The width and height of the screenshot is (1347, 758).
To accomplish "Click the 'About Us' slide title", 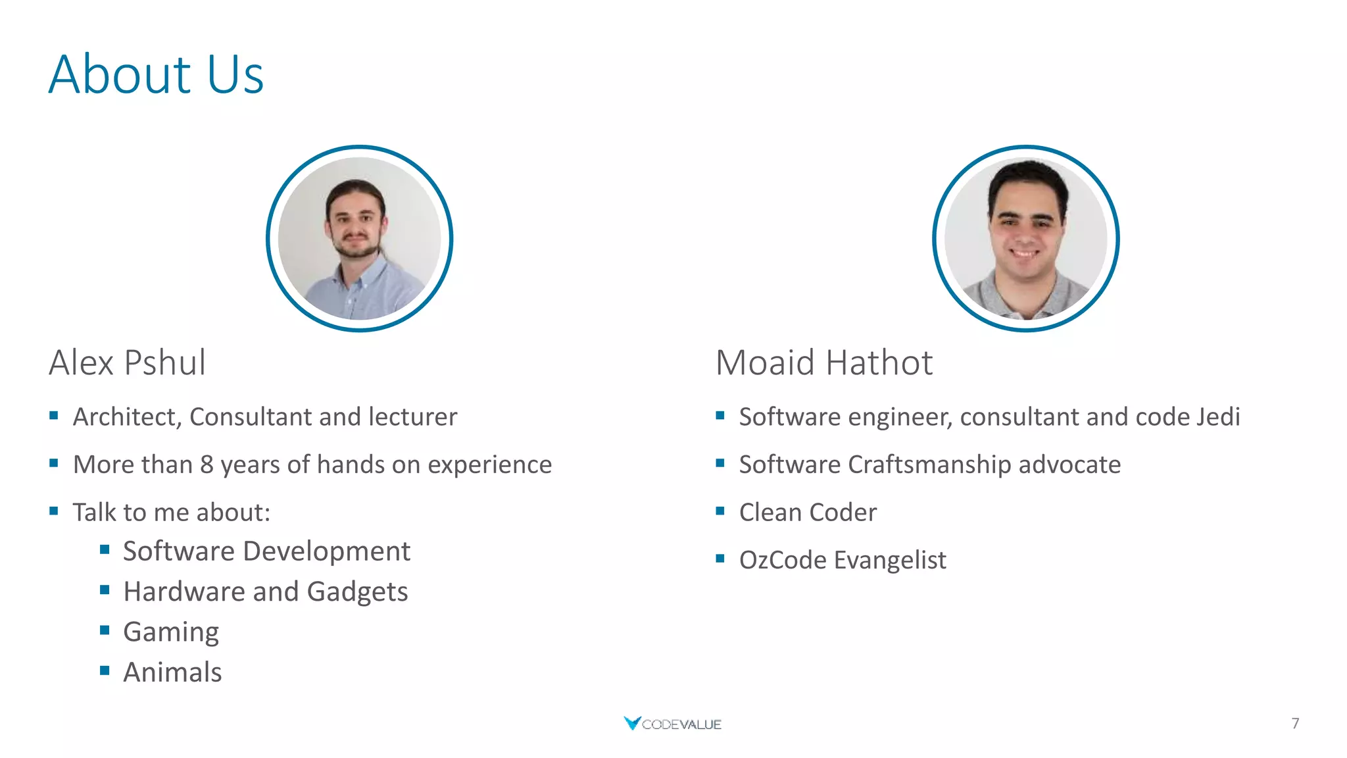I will tap(156, 74).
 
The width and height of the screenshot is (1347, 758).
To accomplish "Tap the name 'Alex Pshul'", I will tap(128, 363).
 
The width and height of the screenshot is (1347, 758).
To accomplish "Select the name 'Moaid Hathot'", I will tap(823, 363).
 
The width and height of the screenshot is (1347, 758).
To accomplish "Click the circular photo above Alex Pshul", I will tap(359, 238).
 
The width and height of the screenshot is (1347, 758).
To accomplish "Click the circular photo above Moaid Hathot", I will tap(1025, 238).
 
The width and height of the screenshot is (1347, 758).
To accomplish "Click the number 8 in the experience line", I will tap(207, 465).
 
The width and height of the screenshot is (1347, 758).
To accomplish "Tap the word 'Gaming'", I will tap(171, 632).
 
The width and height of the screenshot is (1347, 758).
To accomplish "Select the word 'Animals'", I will tap(172, 672).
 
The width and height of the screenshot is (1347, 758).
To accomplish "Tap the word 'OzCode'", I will tap(783, 561).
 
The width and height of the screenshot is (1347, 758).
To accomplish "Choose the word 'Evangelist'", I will tap(890, 561).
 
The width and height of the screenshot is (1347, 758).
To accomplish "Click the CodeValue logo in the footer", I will tap(672, 724).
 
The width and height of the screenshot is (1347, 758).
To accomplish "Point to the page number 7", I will tap(1295, 724).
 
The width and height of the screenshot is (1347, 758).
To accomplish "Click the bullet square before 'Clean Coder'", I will tap(720, 511).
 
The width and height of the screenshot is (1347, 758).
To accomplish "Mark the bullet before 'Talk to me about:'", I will tap(54, 511).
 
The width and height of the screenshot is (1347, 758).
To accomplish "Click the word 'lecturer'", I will tap(412, 417).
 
